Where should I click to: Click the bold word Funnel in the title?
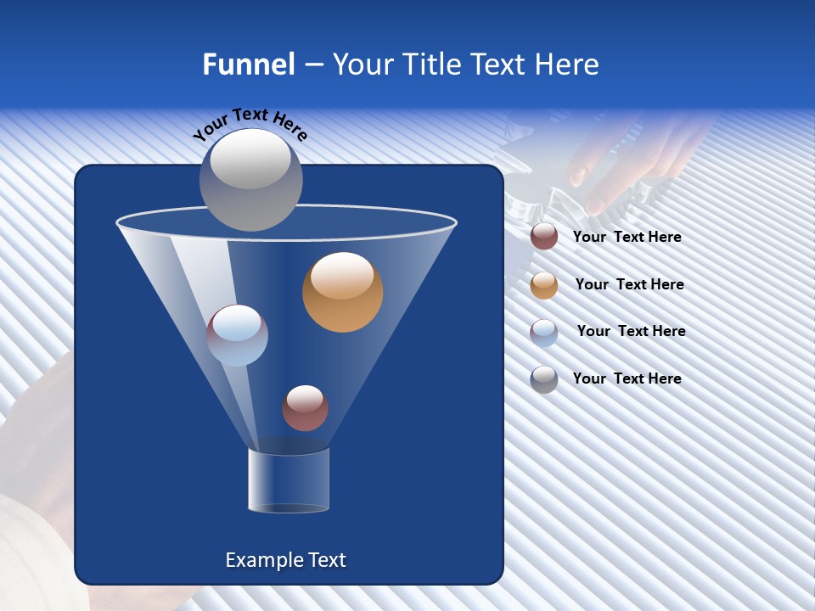[248, 64]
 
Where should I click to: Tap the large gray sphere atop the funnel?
[250, 180]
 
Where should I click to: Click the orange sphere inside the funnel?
[343, 293]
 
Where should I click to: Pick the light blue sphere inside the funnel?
[238, 335]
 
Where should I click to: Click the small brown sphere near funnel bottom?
[305, 408]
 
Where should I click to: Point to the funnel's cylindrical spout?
[289, 480]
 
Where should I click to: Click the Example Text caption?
[285, 560]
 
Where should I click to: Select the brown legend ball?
[544, 237]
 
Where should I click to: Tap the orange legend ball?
[544, 285]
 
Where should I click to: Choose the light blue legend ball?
[544, 333]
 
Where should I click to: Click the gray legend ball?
[544, 379]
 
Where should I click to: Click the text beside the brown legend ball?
[627, 238]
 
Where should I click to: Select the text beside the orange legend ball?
[629, 285]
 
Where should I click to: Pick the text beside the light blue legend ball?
[631, 332]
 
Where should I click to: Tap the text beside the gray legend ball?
[627, 378]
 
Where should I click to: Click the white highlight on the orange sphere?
[342, 275]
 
